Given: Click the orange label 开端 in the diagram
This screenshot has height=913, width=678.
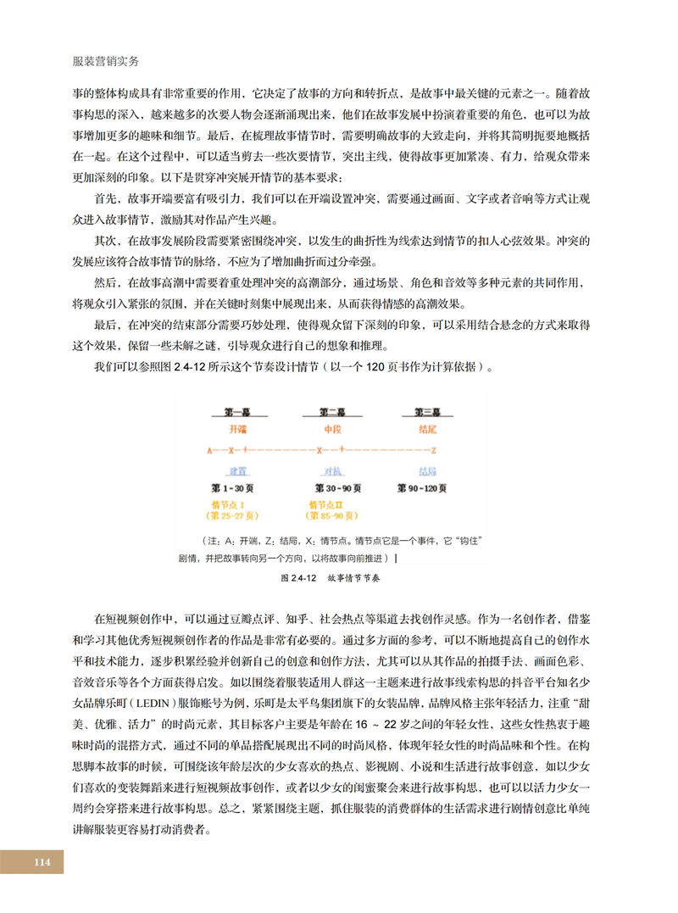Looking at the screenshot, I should pyautogui.click(x=237, y=430).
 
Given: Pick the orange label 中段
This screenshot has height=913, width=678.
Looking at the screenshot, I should pyautogui.click(x=332, y=430).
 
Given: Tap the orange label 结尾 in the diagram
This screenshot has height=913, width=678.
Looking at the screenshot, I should pyautogui.click(x=428, y=430).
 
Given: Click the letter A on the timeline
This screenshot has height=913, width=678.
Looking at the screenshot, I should pyautogui.click(x=208, y=449).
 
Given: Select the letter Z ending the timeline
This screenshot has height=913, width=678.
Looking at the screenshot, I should pyautogui.click(x=434, y=449).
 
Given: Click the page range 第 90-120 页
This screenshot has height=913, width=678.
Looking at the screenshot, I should pyautogui.click(x=428, y=488).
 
